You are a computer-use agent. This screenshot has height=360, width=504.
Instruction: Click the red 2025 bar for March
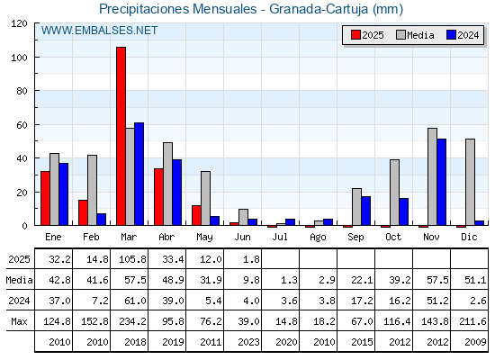click(x=121, y=136)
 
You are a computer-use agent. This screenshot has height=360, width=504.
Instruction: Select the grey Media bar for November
click(x=432, y=176)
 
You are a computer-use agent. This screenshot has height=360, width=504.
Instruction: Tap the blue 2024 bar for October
click(x=404, y=211)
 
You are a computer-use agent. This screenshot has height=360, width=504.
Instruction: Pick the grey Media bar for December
click(x=470, y=182)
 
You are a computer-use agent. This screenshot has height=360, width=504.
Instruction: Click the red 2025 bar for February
click(x=83, y=212)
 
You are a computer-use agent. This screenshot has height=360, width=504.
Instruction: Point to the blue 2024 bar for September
click(x=365, y=211)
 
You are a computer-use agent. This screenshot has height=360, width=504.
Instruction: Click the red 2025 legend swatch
click(x=355, y=35)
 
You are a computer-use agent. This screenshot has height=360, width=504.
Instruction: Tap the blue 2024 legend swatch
click(x=451, y=35)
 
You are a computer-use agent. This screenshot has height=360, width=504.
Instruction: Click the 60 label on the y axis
click(x=22, y=125)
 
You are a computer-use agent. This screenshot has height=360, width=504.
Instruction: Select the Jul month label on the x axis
click(x=280, y=238)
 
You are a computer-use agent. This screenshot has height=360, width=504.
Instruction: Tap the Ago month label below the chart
click(x=318, y=238)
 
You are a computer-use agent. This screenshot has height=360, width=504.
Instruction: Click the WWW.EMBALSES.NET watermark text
click(x=99, y=31)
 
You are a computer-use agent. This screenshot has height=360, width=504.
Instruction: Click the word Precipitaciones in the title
click(x=144, y=9)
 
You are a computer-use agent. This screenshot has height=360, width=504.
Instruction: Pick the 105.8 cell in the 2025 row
click(x=133, y=259)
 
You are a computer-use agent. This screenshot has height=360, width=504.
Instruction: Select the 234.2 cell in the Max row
click(x=133, y=321)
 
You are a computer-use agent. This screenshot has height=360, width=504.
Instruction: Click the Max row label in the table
click(x=19, y=321)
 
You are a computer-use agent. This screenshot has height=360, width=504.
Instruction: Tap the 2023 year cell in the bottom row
click(x=248, y=342)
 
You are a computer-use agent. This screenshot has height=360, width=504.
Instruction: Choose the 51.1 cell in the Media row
click(x=475, y=280)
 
